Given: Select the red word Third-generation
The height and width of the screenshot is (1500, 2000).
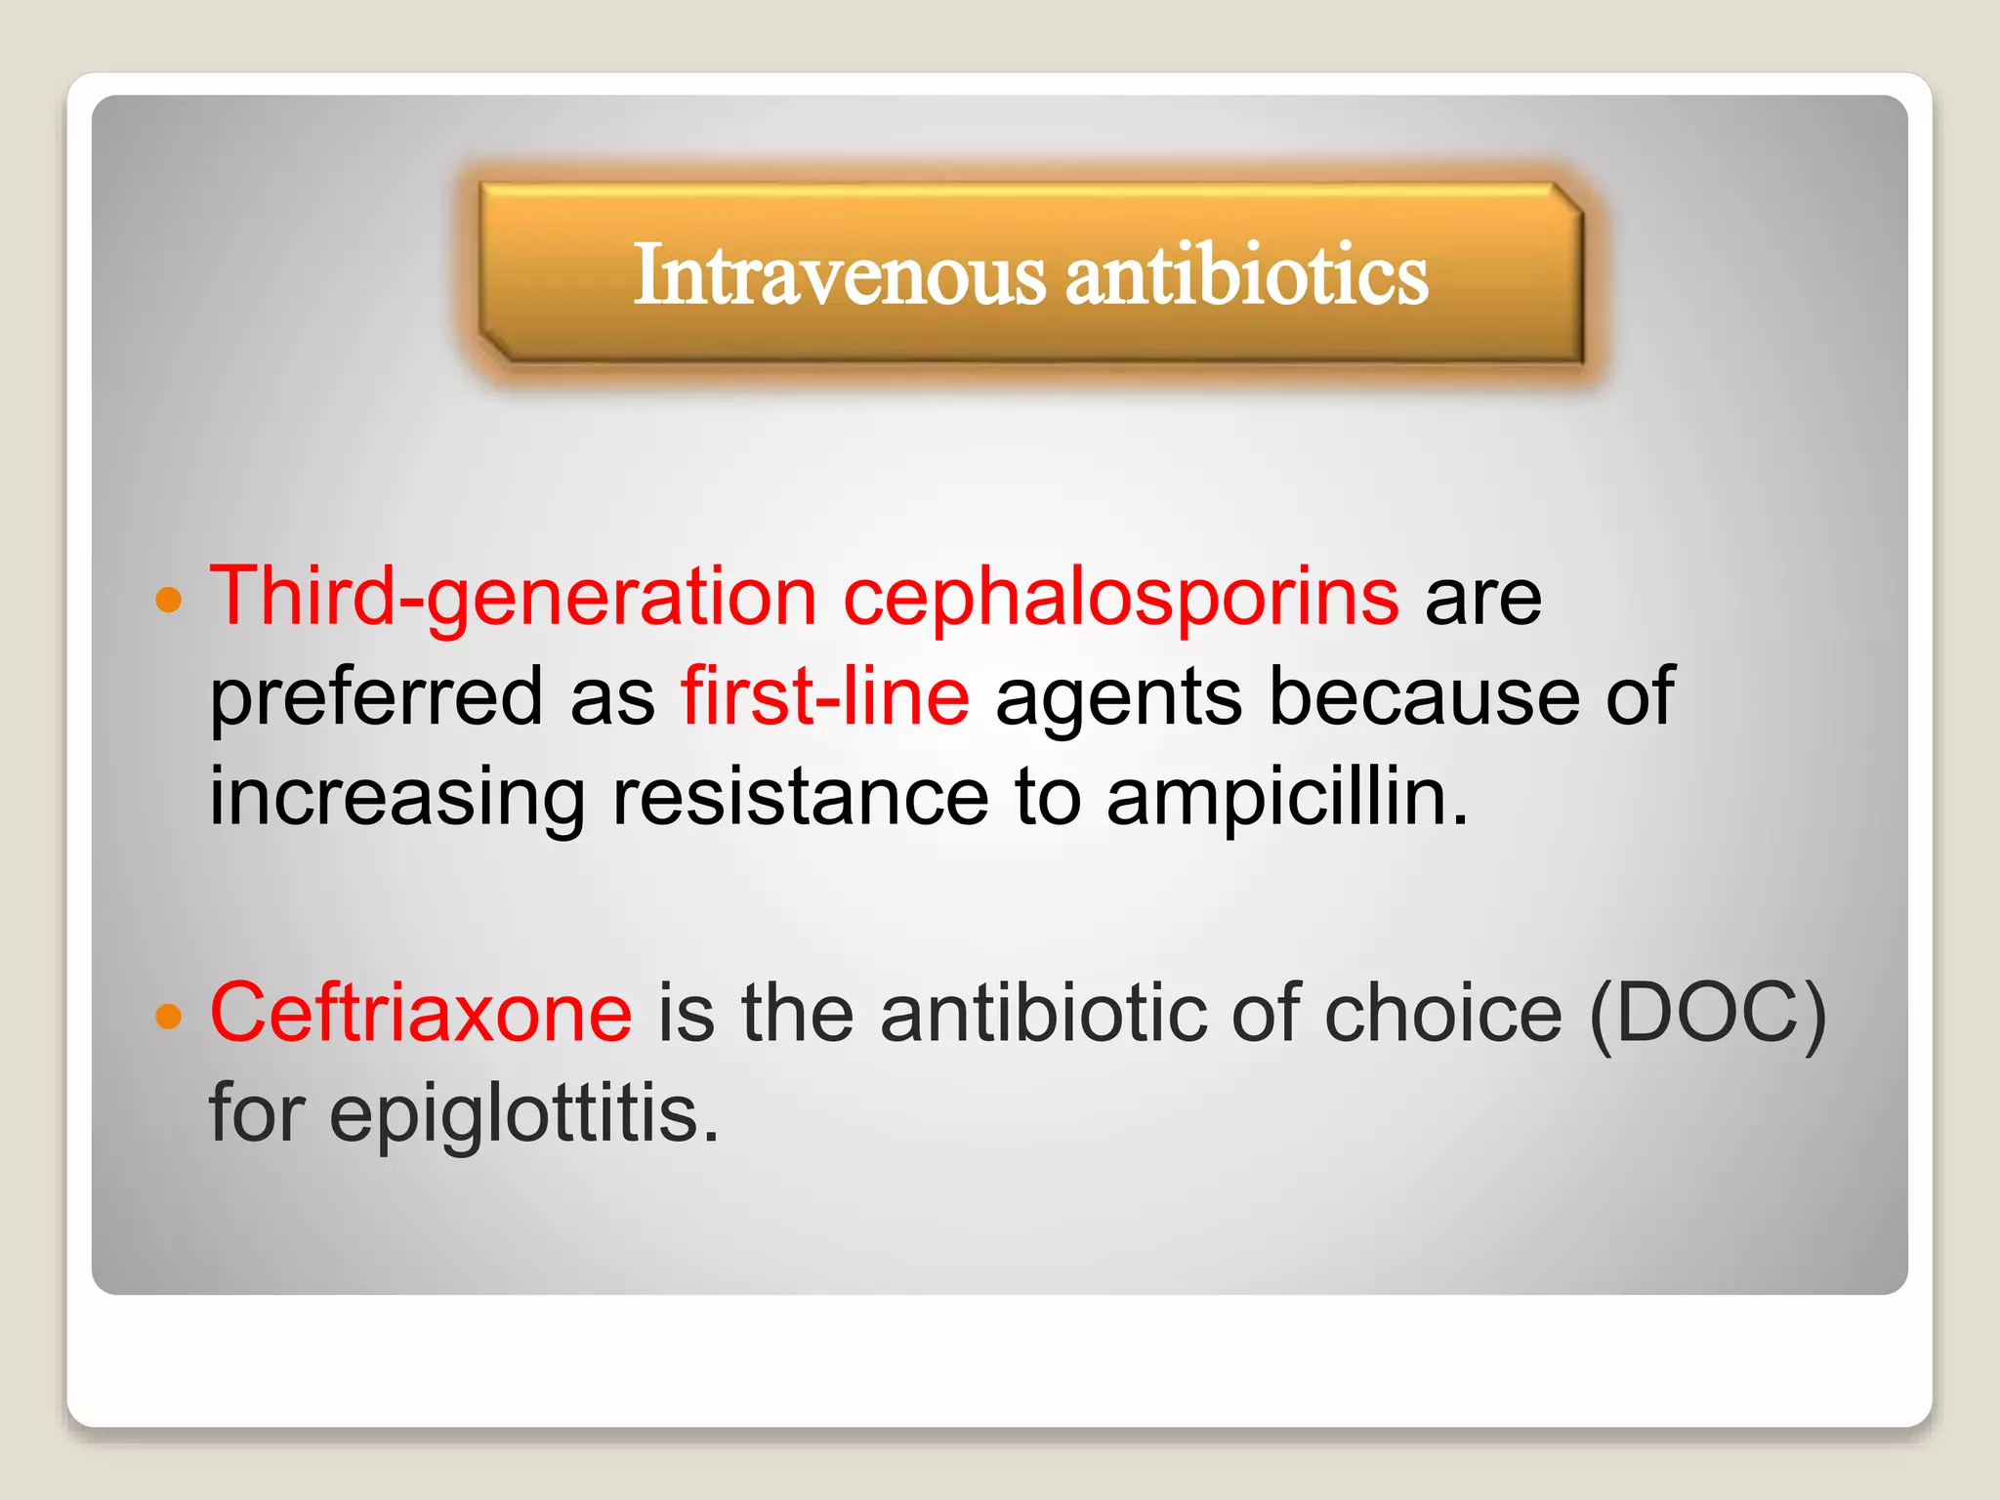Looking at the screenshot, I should point(514,598).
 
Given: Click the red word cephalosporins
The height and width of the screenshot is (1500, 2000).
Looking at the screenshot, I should point(1121,598).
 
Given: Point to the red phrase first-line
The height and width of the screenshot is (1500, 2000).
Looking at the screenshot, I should point(825,697).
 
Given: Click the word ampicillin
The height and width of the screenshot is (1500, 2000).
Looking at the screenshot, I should point(1287,798).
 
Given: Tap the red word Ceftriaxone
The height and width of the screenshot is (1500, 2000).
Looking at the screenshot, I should point(421,1014).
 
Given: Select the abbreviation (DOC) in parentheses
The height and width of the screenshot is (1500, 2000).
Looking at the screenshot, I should point(1707,1014).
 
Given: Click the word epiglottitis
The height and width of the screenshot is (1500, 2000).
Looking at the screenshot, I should point(524,1115).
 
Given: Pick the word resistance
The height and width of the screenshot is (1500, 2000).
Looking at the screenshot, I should point(800,798).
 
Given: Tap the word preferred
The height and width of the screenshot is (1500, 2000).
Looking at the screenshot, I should point(376,697).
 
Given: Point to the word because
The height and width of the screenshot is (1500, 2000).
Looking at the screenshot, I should point(1424,697).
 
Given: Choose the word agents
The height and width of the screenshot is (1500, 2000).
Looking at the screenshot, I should point(1119,697).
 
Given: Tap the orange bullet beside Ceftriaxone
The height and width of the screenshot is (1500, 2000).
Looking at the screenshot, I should point(169,1016).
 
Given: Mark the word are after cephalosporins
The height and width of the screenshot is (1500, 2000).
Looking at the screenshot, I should point(1482,598).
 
